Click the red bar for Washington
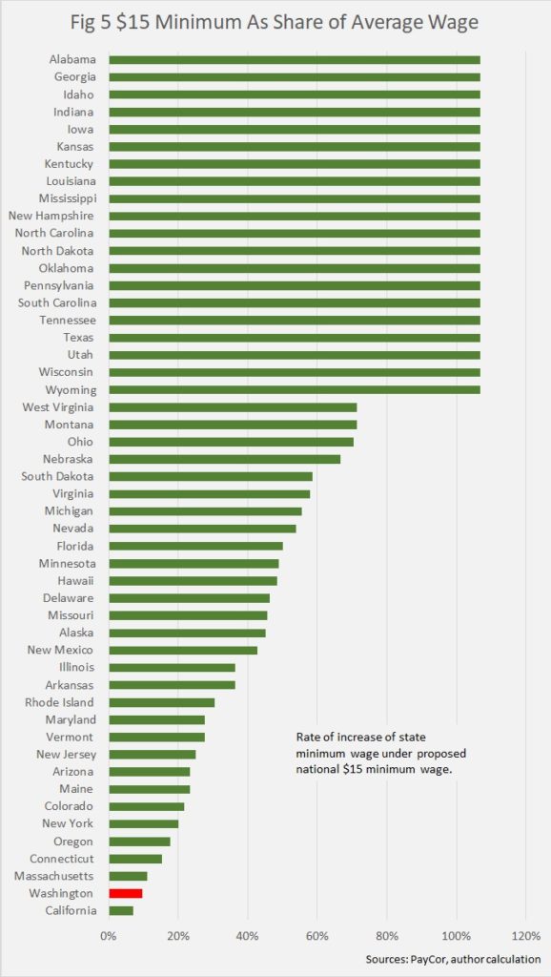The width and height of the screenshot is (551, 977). coord(126,893)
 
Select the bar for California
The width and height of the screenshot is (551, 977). coord(121,911)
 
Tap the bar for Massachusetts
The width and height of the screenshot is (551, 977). coord(129,876)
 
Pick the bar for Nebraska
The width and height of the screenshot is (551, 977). coord(225,459)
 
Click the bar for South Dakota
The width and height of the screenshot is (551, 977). coord(211,477)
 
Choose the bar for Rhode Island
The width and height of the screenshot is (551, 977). coord(162,702)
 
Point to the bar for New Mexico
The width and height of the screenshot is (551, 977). coord(183,651)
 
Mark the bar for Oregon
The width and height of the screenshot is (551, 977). coord(139,842)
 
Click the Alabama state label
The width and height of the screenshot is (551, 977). coord(72,60)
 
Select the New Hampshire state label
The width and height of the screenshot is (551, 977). coord(51,217)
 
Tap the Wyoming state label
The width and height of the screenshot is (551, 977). coord(71,390)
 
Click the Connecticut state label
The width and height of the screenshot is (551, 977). coord(62,859)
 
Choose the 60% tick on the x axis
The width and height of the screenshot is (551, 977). coord(316,937)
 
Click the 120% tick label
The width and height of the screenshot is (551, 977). coord(525,937)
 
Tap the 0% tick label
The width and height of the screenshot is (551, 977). coord(109,937)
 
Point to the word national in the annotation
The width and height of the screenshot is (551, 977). coord(316,770)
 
